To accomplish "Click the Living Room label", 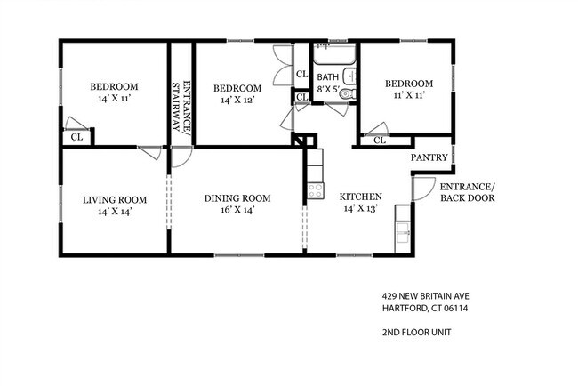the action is click(x=115, y=200).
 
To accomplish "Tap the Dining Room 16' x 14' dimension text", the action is click(x=237, y=210).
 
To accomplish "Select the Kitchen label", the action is click(x=360, y=197).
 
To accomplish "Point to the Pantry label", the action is click(x=429, y=157).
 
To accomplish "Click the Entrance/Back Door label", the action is click(x=468, y=192).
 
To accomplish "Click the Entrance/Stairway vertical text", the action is click(x=181, y=107).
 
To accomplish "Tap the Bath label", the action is click(x=328, y=77).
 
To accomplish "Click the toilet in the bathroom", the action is click(x=348, y=93).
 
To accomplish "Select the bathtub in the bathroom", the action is click(x=334, y=54).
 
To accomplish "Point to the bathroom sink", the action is click(x=349, y=76).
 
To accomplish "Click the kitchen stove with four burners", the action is click(x=316, y=190).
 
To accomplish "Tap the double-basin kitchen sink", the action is click(x=403, y=232).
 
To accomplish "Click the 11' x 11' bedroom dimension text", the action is click(x=409, y=95).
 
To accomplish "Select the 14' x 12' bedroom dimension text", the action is click(x=237, y=100).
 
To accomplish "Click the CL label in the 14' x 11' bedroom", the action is click(x=76, y=137).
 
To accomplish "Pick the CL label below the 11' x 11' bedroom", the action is click(x=380, y=141).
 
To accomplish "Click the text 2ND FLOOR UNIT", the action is click(x=416, y=332).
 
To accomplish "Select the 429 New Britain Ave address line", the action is click(x=426, y=296).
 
